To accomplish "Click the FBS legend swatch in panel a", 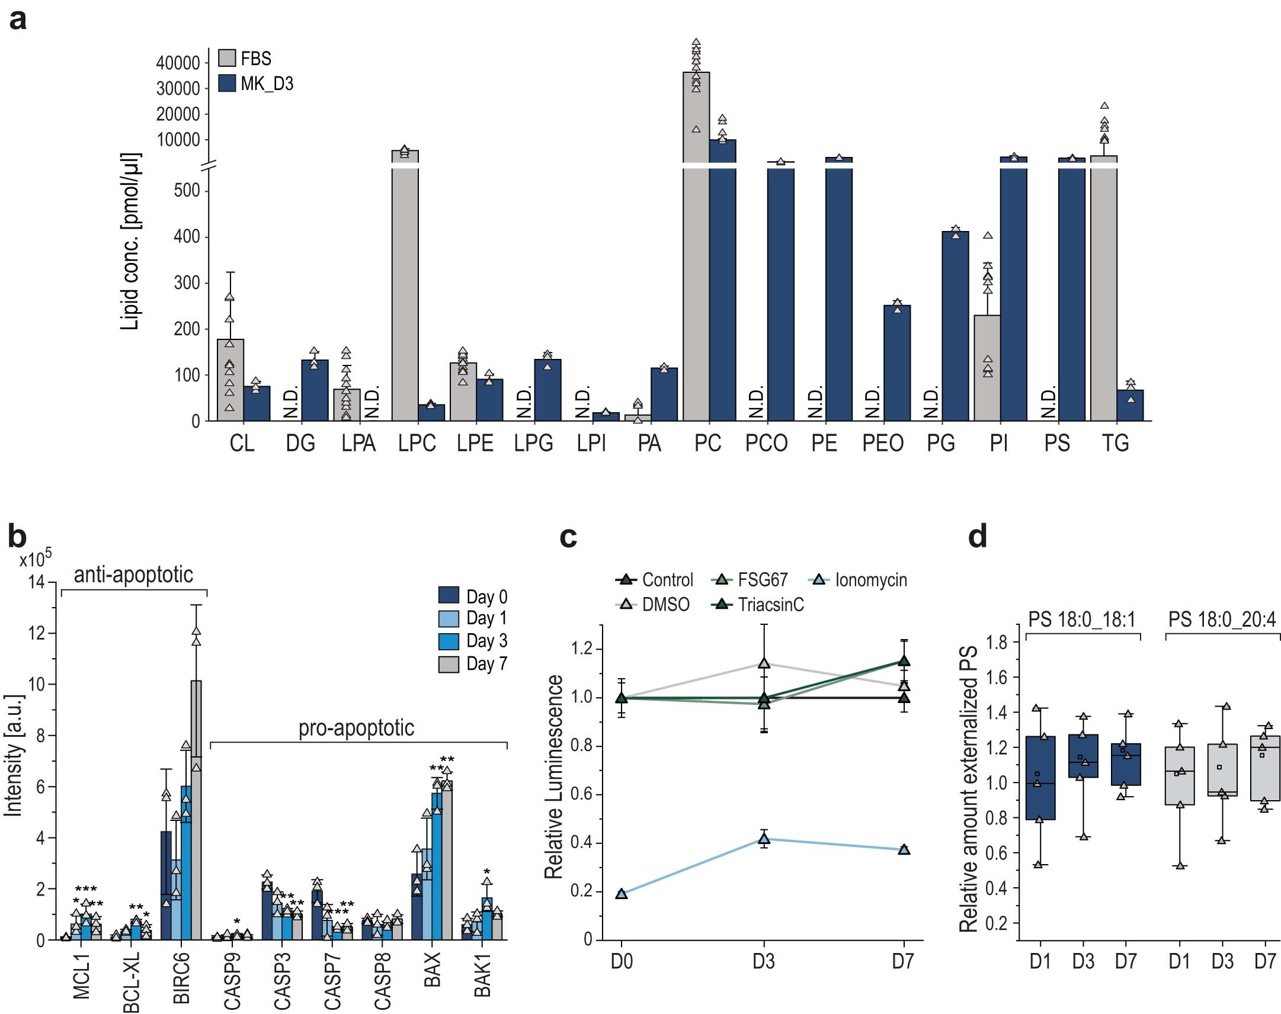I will pos(227,58).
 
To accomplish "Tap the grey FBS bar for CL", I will pos(230,380).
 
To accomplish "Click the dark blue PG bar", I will pos(955,326).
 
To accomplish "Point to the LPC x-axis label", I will pos(417,444).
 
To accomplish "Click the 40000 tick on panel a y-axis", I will pos(178,63).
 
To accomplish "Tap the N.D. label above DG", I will pos(290,403).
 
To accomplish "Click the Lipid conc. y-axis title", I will pos(130,241).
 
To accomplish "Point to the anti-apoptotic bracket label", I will pos(133,575).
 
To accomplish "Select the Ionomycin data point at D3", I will pos(764,839).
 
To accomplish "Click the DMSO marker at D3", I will pos(764,663).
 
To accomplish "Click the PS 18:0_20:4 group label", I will pos(1222,620).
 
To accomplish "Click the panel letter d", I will pos(978,537).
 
